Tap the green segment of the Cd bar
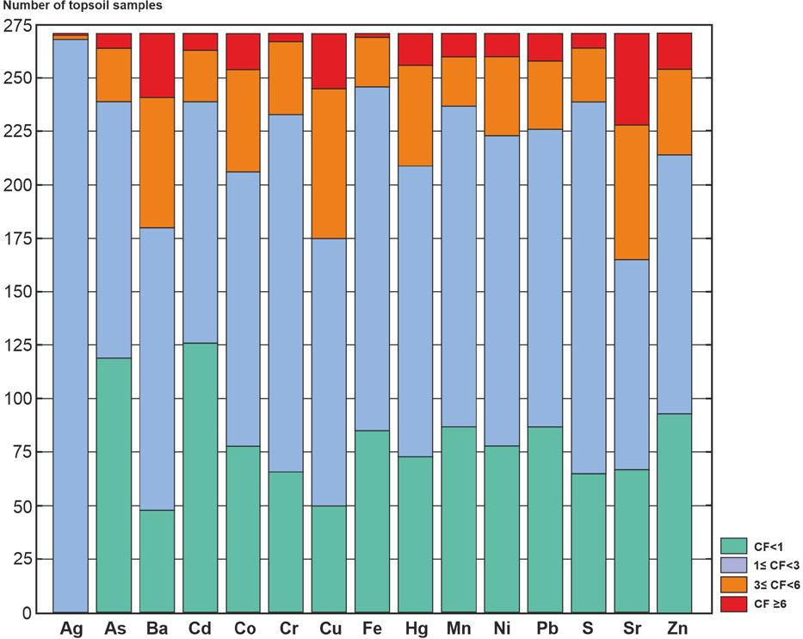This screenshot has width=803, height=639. pos(200,478)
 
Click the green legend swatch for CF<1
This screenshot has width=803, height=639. pos(733,544)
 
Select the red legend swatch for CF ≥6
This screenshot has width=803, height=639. pos(733,604)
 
